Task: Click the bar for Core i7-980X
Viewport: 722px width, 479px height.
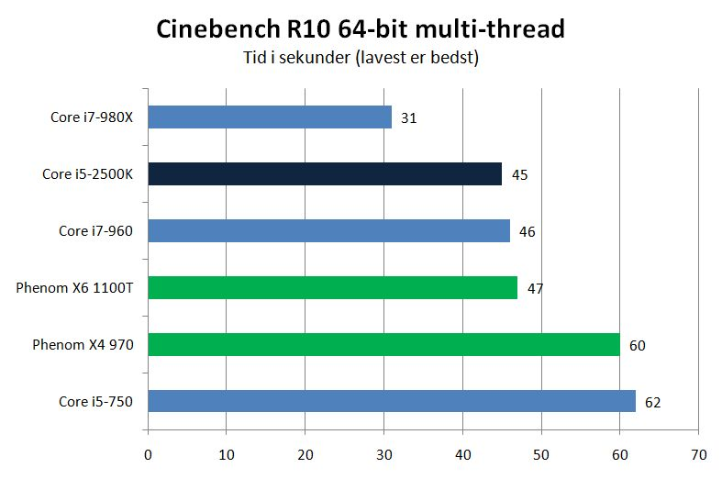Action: click(270, 117)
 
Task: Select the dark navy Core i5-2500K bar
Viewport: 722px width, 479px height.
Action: click(325, 174)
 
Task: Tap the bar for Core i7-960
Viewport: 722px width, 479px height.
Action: click(328, 230)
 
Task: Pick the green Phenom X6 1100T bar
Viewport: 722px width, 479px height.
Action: click(332, 287)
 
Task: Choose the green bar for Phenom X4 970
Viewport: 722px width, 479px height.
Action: click(383, 345)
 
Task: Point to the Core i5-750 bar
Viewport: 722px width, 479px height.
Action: click(392, 401)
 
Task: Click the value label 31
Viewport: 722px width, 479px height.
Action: click(409, 118)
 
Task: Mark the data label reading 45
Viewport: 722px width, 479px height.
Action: click(519, 175)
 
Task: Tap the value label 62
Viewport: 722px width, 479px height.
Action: click(652, 402)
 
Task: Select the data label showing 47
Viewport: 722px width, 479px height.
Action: click(535, 288)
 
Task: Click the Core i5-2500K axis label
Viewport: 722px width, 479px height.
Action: click(88, 174)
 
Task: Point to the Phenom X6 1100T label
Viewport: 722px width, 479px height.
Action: click(74, 288)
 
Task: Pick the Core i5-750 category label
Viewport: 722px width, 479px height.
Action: click(94, 402)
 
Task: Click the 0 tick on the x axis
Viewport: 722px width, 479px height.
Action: click(148, 454)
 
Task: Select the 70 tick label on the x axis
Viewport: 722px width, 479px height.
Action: click(699, 454)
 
